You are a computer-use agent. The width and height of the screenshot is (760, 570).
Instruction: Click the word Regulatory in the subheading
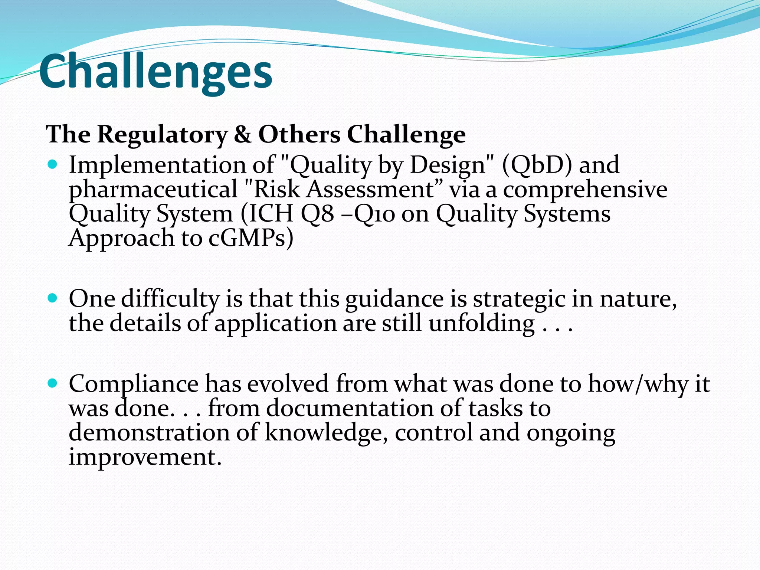[162, 134]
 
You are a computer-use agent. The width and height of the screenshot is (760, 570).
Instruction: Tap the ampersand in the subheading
[242, 134]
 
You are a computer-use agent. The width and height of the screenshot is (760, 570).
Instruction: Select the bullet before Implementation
[53, 164]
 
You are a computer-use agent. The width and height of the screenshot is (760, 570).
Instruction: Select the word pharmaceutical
[153, 189]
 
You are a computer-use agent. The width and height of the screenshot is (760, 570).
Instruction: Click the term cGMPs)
[251, 238]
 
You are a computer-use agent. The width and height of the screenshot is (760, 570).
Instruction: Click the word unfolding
[481, 323]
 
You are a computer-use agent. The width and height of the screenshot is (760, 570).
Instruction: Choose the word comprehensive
[585, 189]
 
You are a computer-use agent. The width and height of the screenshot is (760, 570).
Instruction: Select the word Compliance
[134, 384]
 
